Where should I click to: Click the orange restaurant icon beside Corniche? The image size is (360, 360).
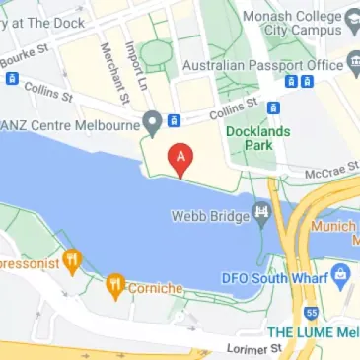[115, 286]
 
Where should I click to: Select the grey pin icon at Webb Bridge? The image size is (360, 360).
[262, 211]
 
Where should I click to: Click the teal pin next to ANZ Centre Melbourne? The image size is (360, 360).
[151, 123]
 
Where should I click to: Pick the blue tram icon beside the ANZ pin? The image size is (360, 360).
[175, 121]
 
